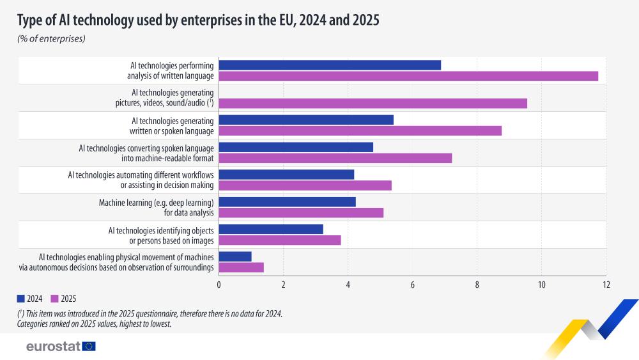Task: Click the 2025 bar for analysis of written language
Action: tap(408, 76)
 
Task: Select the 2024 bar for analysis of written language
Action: tap(330, 65)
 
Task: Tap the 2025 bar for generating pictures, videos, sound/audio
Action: tap(373, 104)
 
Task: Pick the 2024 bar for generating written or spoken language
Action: tap(306, 120)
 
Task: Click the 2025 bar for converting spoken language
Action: tap(335, 158)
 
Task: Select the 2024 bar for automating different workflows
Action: tap(286, 175)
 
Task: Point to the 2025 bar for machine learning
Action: tap(301, 213)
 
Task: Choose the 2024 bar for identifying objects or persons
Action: tap(271, 229)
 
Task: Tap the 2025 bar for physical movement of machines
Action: tap(241, 267)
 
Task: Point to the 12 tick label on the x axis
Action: tap(606, 285)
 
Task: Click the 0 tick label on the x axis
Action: tap(219, 285)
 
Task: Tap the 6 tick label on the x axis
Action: tap(412, 285)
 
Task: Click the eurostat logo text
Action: tap(52, 347)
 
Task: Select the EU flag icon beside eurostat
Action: tap(89, 347)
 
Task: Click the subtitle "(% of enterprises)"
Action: tap(51, 39)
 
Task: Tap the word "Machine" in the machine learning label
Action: tap(113, 203)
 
